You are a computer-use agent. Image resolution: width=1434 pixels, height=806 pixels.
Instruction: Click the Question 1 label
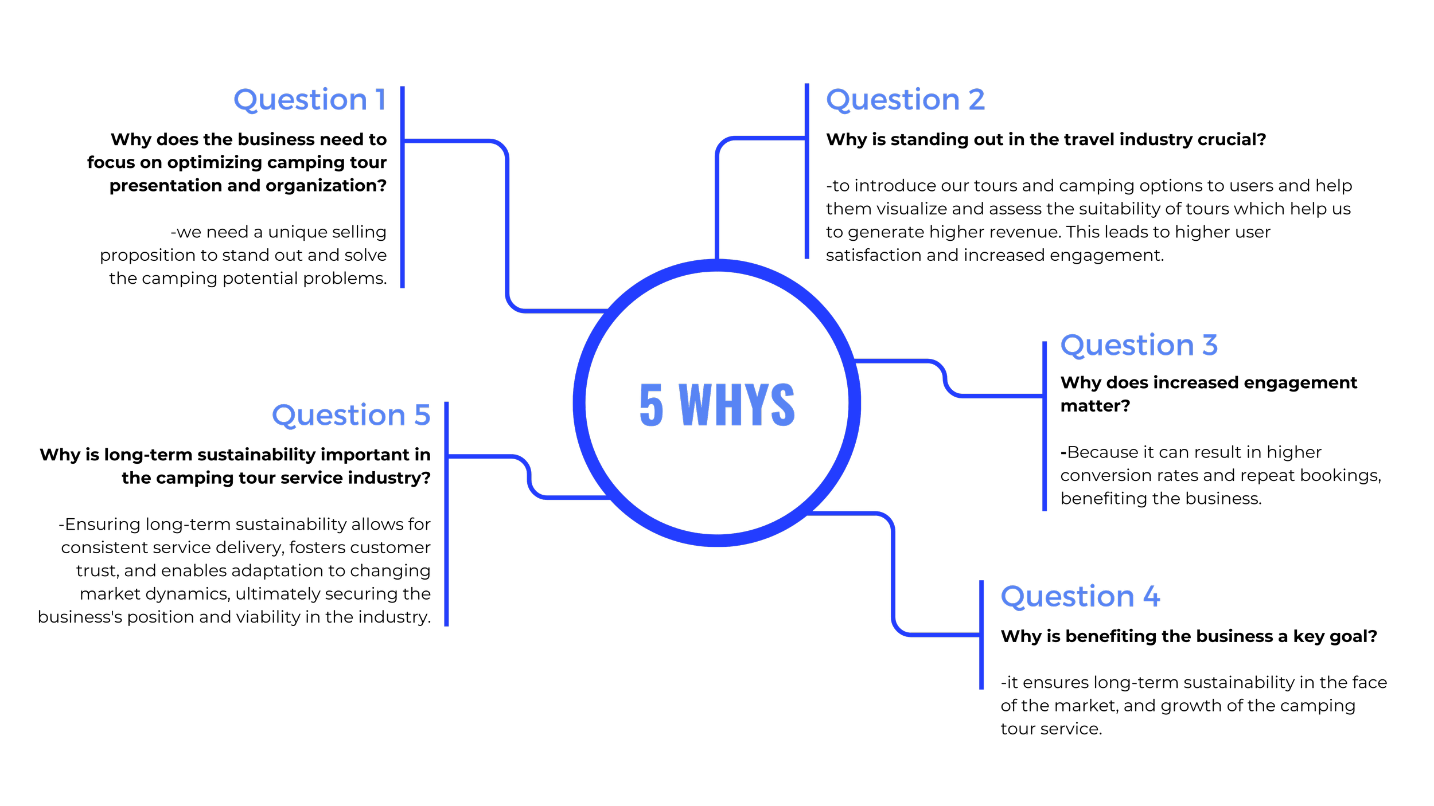pyautogui.click(x=309, y=100)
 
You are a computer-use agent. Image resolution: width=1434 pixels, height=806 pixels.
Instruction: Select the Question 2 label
pyautogui.click(x=905, y=100)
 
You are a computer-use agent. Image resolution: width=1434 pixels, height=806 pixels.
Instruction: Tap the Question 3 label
pyautogui.click(x=1139, y=346)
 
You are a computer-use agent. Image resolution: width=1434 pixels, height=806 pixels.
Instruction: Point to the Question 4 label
pyautogui.click(x=1080, y=597)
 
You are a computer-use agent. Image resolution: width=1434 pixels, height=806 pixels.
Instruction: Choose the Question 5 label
pyautogui.click(x=350, y=415)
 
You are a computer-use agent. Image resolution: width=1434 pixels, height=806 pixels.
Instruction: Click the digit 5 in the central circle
pyautogui.click(x=651, y=405)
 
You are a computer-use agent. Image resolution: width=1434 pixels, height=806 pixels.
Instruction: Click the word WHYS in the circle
pyautogui.click(x=737, y=405)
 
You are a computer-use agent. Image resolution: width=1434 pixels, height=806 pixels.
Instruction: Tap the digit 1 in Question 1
pyautogui.click(x=380, y=100)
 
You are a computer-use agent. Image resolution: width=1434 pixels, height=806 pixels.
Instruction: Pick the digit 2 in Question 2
pyautogui.click(x=977, y=100)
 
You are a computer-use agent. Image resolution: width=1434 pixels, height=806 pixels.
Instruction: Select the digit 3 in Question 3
pyautogui.click(x=1210, y=345)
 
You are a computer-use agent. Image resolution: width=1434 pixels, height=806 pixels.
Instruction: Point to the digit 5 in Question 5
pyautogui.click(x=422, y=415)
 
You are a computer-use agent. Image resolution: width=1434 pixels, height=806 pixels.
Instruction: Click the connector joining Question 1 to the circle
pyautogui.click(x=508, y=229)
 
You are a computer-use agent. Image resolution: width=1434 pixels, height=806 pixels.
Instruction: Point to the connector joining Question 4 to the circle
pyautogui.click(x=893, y=573)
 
